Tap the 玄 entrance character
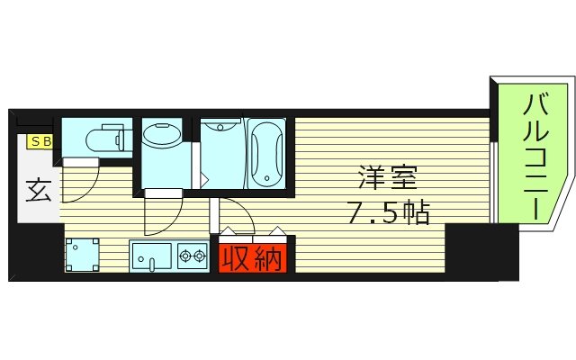[x=38, y=192]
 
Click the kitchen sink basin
[x=150, y=256]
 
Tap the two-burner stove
[x=192, y=256]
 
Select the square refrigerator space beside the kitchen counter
[x=83, y=256]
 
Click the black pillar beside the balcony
[x=481, y=252]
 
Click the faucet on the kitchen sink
[x=151, y=264]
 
